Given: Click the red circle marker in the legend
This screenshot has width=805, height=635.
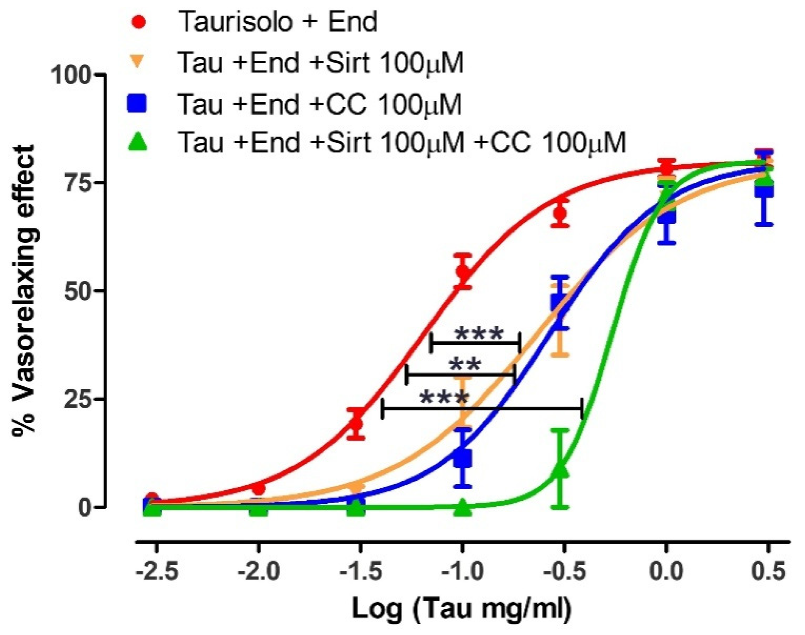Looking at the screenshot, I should pyautogui.click(x=139, y=22).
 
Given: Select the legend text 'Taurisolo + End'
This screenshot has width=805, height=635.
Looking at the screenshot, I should pyautogui.click(x=277, y=22).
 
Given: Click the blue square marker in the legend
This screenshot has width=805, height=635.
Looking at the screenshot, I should pyautogui.click(x=137, y=103).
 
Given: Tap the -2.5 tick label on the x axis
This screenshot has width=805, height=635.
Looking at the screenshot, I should pyautogui.click(x=157, y=572).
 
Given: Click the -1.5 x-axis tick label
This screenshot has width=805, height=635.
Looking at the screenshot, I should pyautogui.click(x=361, y=572).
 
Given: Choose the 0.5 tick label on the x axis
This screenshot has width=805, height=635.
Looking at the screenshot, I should pyautogui.click(x=768, y=572).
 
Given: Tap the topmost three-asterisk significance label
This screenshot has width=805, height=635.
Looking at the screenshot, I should pyautogui.click(x=479, y=334).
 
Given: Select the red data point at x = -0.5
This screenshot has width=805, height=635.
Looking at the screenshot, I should pyautogui.click(x=560, y=213).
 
